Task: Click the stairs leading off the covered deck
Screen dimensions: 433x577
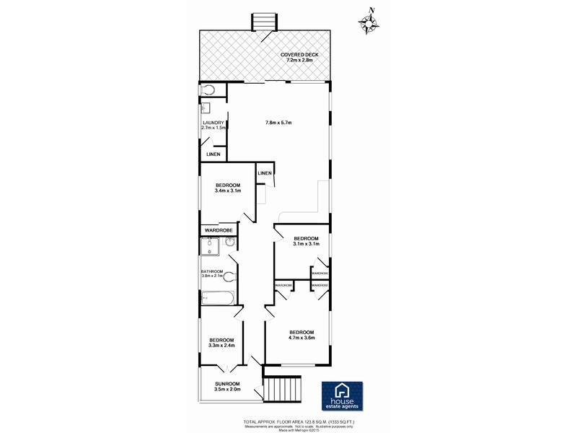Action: coord(263,22)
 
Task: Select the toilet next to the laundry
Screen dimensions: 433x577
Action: coord(208,90)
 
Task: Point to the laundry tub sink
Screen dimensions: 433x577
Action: coord(205,108)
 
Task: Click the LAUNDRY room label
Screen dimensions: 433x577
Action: coord(214,125)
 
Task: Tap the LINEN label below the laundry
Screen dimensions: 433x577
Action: coord(213,154)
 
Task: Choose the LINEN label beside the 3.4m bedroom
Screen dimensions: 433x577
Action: coord(265,174)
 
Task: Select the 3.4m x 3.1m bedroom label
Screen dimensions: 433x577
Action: coord(227,188)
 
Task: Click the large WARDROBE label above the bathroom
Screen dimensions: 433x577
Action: coord(217,230)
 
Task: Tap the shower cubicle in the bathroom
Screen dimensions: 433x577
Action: coord(210,249)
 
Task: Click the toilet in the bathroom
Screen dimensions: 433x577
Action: coord(229,276)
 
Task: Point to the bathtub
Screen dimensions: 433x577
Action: coord(216,297)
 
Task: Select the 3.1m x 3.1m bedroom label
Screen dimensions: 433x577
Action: coord(305,241)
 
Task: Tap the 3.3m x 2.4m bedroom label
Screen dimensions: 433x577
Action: coord(221,343)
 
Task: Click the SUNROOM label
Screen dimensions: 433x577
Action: coord(226,386)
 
